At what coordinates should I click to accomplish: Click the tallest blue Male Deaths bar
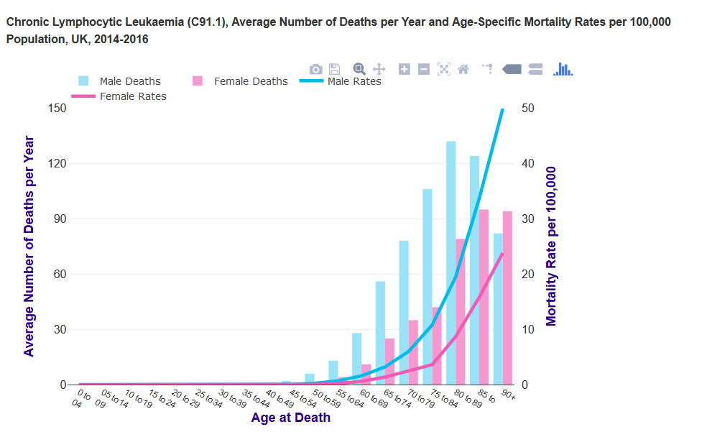(450, 262)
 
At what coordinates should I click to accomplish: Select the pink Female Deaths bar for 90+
(507, 298)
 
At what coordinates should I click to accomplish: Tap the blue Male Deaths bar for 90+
(498, 309)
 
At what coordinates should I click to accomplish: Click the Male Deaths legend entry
(130, 81)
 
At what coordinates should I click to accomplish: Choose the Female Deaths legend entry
(250, 81)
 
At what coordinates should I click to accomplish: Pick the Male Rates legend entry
(353, 81)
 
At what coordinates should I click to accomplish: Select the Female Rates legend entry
(132, 96)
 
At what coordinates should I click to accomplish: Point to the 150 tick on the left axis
(57, 109)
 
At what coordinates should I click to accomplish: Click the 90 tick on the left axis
(60, 219)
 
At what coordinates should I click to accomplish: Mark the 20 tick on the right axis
(528, 275)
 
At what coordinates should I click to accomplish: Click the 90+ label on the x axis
(508, 395)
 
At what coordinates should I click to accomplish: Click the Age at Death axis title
(291, 418)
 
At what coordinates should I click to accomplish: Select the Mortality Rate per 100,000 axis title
(551, 246)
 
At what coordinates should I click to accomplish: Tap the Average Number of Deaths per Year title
(29, 246)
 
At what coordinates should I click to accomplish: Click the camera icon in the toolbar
(315, 69)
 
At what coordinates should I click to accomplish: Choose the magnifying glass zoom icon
(359, 69)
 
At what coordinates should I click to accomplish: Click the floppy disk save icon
(334, 69)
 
